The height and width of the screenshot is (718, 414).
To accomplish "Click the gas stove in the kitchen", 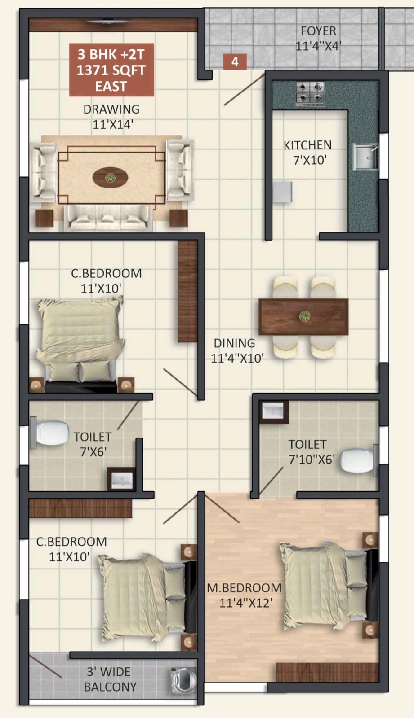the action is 310,94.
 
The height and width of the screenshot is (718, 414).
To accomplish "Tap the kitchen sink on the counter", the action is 365,157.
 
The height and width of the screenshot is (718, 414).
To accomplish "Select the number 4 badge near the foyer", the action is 235,61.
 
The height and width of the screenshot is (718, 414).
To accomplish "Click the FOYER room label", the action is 318,31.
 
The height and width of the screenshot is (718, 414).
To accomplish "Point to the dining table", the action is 303,317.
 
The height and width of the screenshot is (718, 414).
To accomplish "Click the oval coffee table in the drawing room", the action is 110,177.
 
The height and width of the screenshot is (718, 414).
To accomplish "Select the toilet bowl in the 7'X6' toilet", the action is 49,433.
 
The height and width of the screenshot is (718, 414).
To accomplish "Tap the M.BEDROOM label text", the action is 244,588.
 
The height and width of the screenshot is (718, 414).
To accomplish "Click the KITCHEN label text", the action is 307,145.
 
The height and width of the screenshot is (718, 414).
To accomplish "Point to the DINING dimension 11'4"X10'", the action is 237,358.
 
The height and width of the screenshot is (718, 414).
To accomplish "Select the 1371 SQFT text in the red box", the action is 111,70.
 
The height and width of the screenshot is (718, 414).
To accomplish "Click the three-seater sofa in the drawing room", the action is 108,218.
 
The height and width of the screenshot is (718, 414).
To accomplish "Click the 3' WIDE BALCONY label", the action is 109,679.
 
